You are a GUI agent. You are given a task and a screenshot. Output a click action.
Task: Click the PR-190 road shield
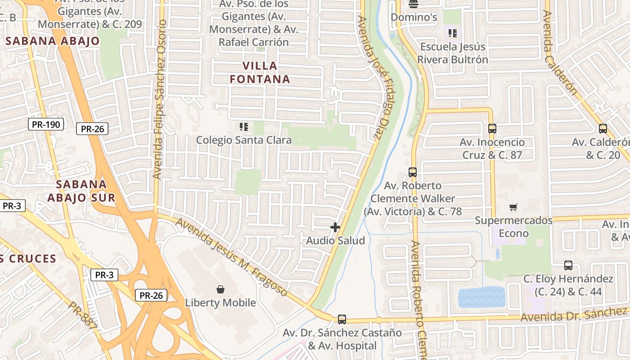coord(46,125)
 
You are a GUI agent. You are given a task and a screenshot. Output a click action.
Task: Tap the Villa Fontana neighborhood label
coord(260,72)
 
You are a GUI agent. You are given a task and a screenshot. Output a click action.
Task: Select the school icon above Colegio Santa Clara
coord(244,127)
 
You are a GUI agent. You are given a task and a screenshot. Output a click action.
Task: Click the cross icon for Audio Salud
coord(335,227)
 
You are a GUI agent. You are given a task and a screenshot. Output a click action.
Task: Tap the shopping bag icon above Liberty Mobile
coord(220,289)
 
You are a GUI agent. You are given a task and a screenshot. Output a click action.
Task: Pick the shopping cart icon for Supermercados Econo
coord(513,207)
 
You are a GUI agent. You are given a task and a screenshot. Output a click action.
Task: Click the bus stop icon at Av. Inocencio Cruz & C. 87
coord(492,129)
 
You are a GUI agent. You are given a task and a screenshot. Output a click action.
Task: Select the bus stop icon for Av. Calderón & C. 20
coord(603,129)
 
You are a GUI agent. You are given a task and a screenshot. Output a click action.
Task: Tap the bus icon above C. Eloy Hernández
coord(568,265)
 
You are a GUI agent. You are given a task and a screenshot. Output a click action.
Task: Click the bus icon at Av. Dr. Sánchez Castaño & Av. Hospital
coord(342,319)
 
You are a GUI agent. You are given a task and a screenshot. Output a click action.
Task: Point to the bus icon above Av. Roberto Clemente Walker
coord(413,172)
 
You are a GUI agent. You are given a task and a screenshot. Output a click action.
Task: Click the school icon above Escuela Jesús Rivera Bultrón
coord(453,33)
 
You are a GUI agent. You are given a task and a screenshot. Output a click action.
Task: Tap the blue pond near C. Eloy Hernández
coord(481,297)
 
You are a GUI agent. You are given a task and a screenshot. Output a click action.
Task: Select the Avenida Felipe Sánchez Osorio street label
coord(160,99)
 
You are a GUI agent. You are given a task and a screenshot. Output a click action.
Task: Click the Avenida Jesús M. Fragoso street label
coord(231,257)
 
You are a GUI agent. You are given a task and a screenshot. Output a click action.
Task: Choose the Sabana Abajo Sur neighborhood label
coord(81,191)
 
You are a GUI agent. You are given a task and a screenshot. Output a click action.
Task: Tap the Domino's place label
coord(414,18)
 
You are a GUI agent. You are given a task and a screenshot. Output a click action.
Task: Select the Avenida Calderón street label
coord(560,53)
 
